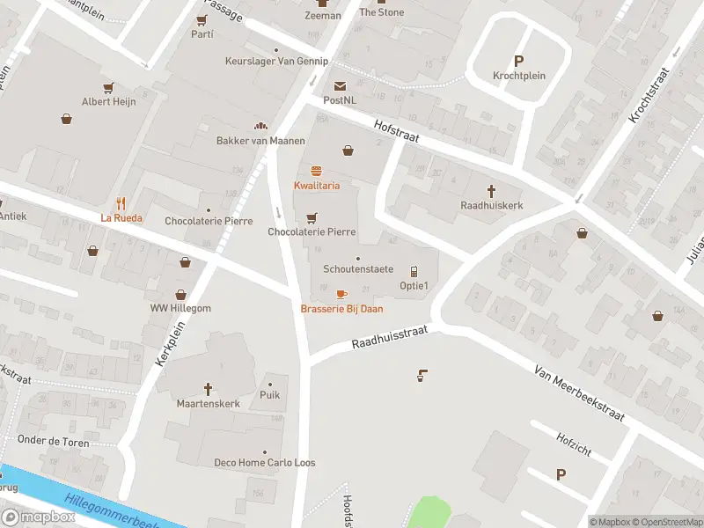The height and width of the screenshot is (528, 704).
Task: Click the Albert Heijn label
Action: pos(109,102)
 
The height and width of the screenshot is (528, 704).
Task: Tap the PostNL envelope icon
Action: pos(340,85)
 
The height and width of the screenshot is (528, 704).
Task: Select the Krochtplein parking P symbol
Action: pos(518,61)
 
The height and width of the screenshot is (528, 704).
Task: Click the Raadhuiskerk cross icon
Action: pos(492,190)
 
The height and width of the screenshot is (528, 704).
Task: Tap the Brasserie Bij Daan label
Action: pos(341,309)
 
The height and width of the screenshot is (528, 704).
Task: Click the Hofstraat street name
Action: pos(396,133)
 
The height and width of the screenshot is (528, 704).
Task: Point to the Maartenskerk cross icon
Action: pos(209,388)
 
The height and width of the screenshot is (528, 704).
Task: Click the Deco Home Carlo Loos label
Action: pos(265,463)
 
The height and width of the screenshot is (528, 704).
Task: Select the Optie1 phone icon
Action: pos(414,271)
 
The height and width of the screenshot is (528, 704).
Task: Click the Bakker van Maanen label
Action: pos(260,141)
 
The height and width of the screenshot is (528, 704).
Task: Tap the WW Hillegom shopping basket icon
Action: pos(180,295)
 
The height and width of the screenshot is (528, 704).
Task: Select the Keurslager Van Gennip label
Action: pos(276,62)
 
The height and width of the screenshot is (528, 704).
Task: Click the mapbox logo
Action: pos(38,517)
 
